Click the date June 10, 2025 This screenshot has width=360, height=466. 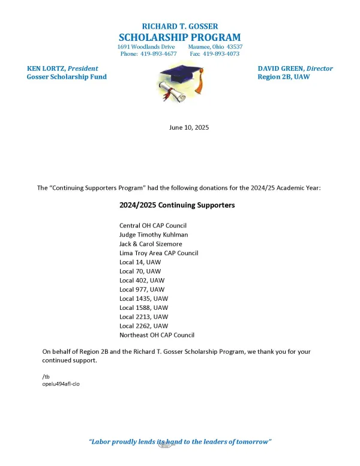click(180, 127)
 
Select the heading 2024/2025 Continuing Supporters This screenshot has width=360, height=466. click(177, 205)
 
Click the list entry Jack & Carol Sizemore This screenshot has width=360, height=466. click(151, 244)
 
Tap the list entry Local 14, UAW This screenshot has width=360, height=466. click(140, 262)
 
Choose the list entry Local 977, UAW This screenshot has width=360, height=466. click(142, 289)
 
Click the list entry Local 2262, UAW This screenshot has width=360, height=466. click(144, 325)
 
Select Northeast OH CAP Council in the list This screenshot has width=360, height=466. click(157, 334)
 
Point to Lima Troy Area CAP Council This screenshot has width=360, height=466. click(158, 253)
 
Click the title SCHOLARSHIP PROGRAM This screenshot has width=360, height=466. click(180, 37)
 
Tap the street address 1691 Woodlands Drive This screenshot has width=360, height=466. click(146, 46)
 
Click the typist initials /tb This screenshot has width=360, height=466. click(46, 376)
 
